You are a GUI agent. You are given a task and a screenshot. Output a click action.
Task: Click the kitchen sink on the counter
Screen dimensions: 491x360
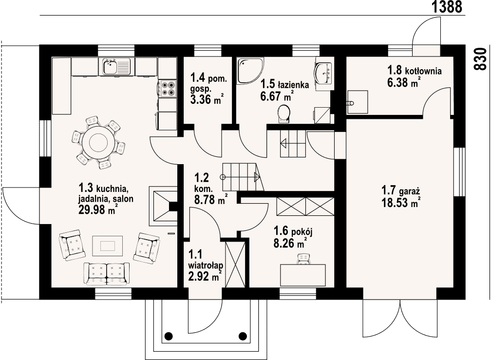click(111, 67)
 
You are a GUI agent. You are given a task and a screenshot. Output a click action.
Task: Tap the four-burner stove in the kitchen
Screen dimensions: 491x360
click(168, 88)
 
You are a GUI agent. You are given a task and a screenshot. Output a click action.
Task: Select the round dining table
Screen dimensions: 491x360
click(98, 143)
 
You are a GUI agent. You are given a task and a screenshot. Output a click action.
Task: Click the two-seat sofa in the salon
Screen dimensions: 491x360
click(107, 273)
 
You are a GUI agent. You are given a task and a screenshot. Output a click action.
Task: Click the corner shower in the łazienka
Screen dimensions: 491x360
click(249, 71)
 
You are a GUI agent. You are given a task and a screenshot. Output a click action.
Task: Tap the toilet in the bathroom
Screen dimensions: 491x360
click(283, 114)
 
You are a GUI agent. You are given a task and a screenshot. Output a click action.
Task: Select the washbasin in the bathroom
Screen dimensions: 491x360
click(323, 73)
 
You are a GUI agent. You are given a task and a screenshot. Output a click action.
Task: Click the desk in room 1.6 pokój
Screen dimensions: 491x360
click(302, 275)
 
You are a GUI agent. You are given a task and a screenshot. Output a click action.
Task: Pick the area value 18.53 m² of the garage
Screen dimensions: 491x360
click(400, 203)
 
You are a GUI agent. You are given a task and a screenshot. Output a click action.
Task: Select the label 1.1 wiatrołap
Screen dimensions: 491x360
click(206, 259)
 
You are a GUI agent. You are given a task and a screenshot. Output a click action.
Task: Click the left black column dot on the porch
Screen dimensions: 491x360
click(169, 336)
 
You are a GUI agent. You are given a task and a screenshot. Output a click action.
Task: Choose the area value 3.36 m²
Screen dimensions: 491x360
click(207, 99)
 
